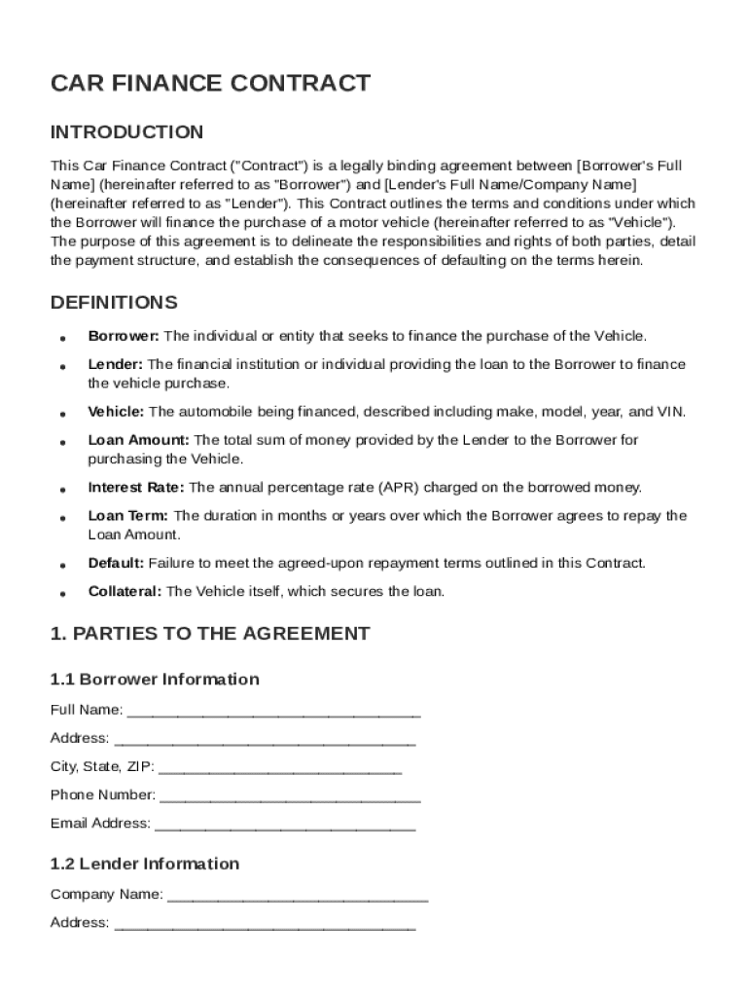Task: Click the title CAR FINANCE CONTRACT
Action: click(210, 84)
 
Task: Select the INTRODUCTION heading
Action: click(126, 132)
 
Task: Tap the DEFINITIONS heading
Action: click(114, 303)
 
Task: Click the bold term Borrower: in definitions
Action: click(124, 336)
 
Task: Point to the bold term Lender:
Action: click(116, 364)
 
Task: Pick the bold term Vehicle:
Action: click(116, 412)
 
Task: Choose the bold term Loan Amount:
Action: click(137, 440)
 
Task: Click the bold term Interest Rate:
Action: click(136, 488)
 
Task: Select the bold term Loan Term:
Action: click(128, 516)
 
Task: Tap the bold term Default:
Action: click(116, 564)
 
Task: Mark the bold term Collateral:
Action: click(125, 592)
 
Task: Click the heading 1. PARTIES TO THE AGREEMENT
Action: click(210, 634)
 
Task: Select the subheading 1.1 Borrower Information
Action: click(155, 680)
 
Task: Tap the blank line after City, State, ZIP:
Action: click(279, 768)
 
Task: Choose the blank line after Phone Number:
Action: click(290, 796)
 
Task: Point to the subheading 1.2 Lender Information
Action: click(145, 865)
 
